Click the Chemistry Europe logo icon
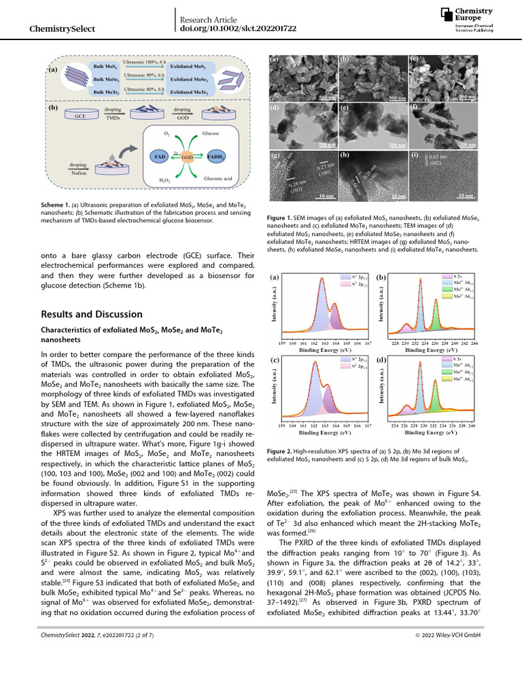(445, 14)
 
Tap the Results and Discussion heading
(92, 315)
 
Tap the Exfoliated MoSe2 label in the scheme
(189, 80)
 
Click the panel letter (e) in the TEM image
(343, 109)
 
